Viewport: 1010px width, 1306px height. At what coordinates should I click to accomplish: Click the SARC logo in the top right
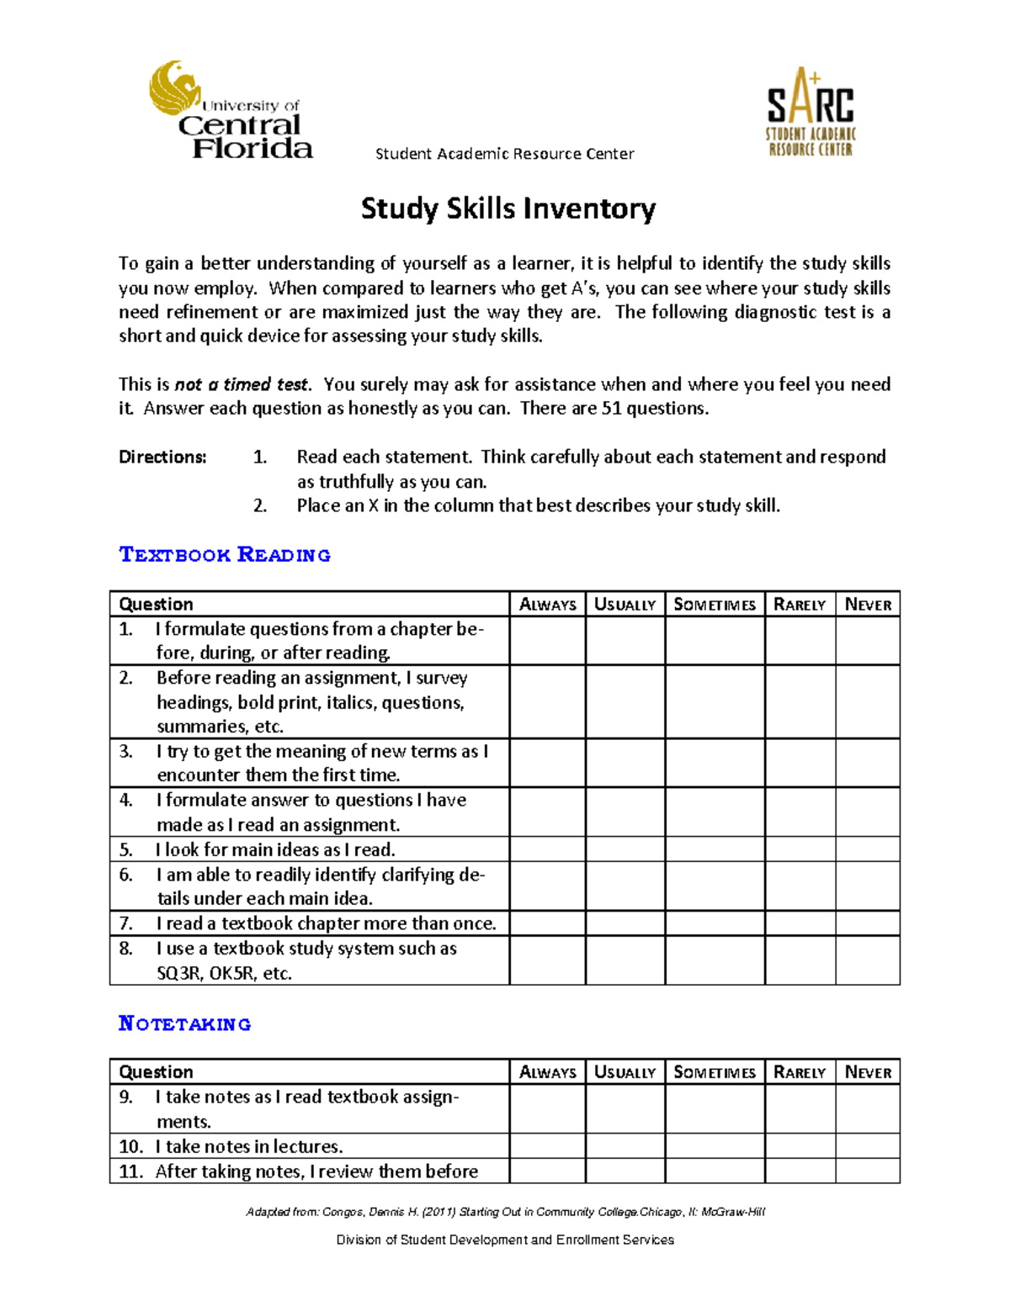(x=810, y=112)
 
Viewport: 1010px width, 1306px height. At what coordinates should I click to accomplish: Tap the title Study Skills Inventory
(x=508, y=209)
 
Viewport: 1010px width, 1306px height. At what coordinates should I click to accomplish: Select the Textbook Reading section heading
(x=225, y=555)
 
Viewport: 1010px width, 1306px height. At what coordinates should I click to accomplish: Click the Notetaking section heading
(x=185, y=1023)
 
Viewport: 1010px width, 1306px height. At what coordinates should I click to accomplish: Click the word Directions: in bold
(x=162, y=457)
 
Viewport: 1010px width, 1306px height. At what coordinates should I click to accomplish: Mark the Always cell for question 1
(x=547, y=641)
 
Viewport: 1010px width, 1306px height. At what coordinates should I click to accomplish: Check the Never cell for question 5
(x=868, y=849)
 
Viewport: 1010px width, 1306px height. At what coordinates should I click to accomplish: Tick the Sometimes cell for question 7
(x=715, y=923)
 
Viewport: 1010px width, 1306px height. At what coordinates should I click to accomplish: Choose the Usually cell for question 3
(x=625, y=763)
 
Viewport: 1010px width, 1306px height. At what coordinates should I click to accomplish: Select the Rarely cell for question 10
(x=800, y=1146)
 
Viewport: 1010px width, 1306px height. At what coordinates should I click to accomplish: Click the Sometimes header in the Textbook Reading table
(x=715, y=605)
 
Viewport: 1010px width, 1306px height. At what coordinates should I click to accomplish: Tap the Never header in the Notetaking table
(x=868, y=1072)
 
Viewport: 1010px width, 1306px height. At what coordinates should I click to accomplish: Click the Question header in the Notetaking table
(x=157, y=1072)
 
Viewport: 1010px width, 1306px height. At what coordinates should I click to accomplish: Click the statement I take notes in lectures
(x=249, y=1146)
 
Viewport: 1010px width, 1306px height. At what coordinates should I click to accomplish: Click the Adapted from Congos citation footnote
(x=505, y=1212)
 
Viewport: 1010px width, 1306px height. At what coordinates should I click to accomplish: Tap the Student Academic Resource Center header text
(x=504, y=154)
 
